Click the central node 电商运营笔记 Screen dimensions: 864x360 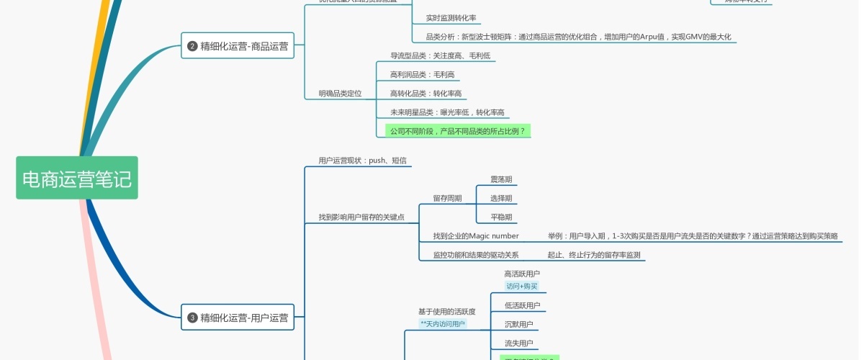pyautogui.click(x=77, y=179)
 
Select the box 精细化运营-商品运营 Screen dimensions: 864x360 pyautogui.click(x=238, y=46)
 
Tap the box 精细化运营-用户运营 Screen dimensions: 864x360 pyautogui.click(x=238, y=317)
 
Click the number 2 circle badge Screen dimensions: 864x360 pyautogui.click(x=192, y=46)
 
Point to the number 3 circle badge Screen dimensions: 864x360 pyautogui.click(x=192, y=317)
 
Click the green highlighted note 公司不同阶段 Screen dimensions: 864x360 pyautogui.click(x=457, y=131)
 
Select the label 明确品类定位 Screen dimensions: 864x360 pyautogui.click(x=340, y=94)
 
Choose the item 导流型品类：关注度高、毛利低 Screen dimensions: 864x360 pyautogui.click(x=440, y=56)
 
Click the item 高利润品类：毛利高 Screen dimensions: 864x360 pyautogui.click(x=422, y=75)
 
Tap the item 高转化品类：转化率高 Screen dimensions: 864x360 pyautogui.click(x=426, y=94)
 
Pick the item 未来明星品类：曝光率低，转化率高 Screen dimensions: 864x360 pyautogui.click(x=447, y=112)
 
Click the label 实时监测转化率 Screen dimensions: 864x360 pyautogui.click(x=451, y=18)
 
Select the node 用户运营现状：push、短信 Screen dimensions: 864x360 pyautogui.click(x=363, y=161)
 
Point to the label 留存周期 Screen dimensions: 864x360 pyautogui.click(x=447, y=199)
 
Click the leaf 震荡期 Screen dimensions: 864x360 pyautogui.click(x=501, y=179)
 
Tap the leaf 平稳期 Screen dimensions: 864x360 pyautogui.click(x=501, y=217)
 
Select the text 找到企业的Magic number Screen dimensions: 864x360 pyautogui.click(x=475, y=236)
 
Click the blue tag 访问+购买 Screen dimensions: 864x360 pyautogui.click(x=521, y=287)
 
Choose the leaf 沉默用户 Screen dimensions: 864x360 pyautogui.click(x=518, y=325)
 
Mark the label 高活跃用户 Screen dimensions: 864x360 pyautogui.click(x=522, y=274)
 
